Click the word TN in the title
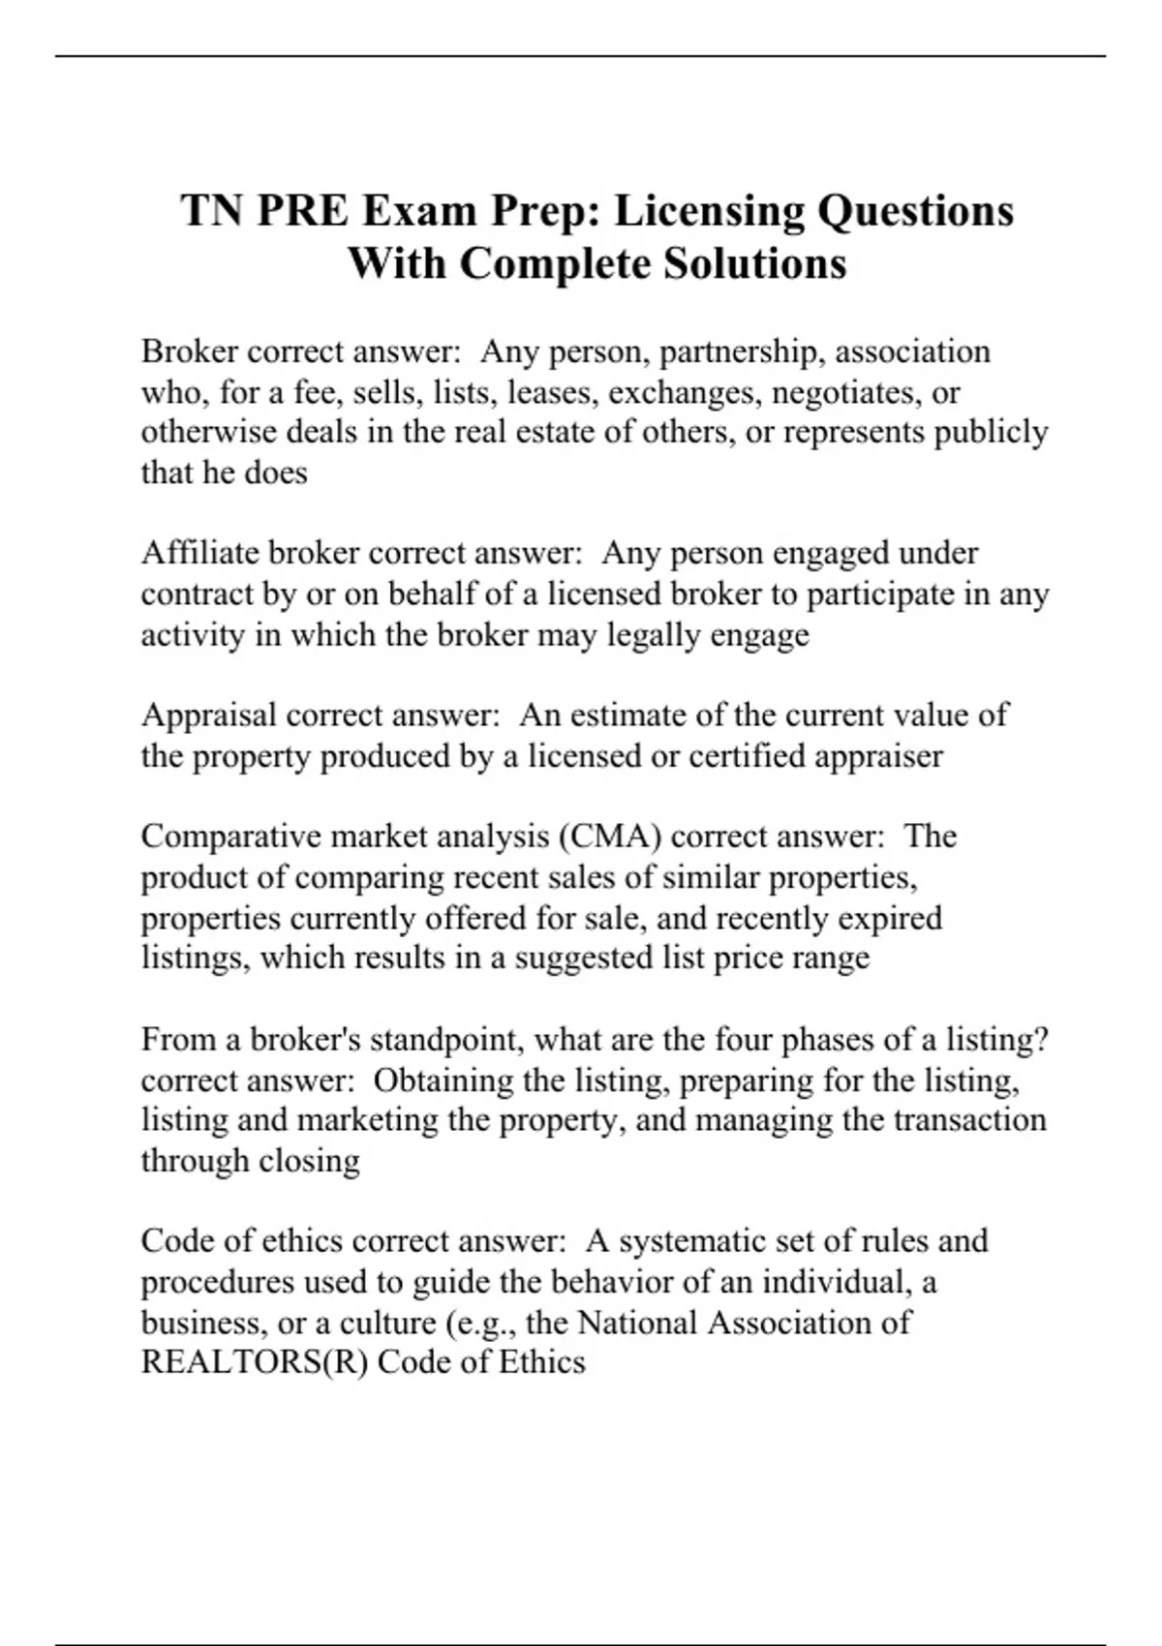click(211, 210)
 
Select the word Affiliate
click(200, 553)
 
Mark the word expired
click(889, 918)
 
